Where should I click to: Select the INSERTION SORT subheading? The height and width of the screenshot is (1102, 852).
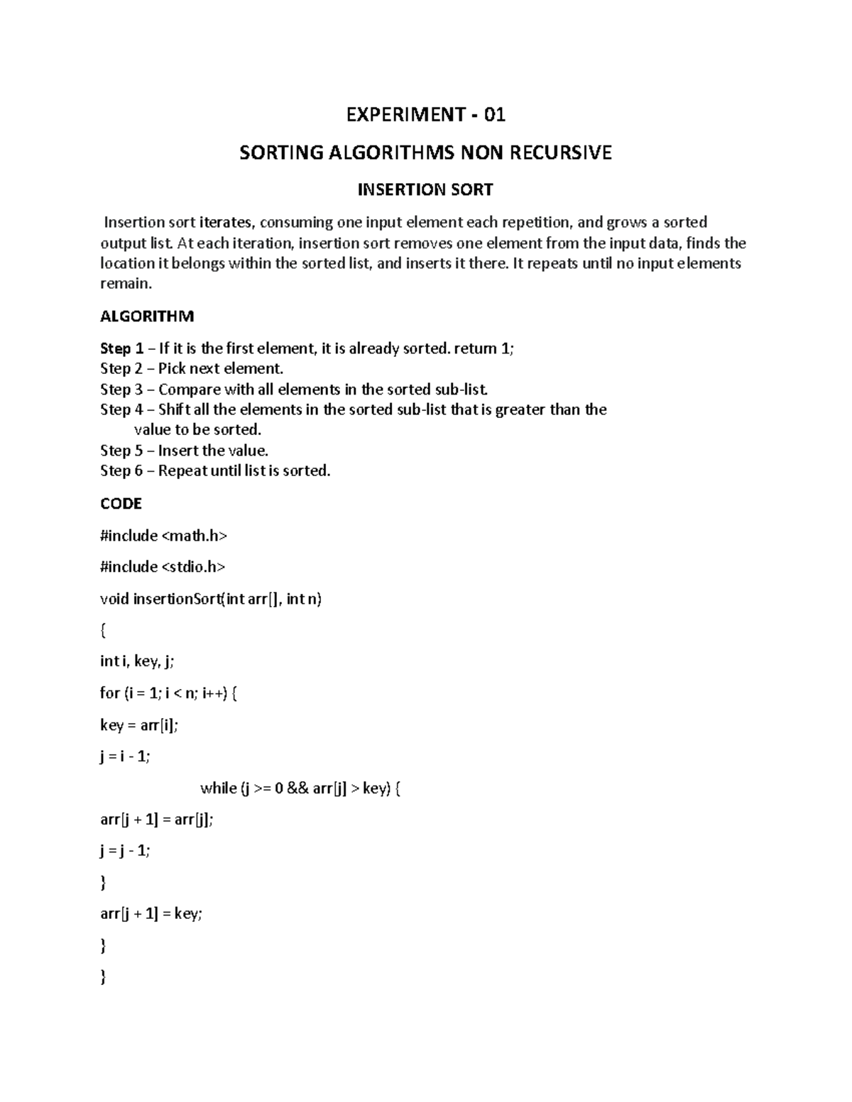point(425,190)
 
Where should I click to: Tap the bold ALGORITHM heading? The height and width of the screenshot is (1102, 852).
point(147,316)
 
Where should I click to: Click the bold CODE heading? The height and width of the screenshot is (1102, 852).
point(121,504)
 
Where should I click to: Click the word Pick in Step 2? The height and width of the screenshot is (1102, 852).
point(171,368)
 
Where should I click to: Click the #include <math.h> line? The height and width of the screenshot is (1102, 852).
point(163,536)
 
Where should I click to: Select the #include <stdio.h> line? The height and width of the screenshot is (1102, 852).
point(163,567)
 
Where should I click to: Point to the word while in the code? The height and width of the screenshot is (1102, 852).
point(219,788)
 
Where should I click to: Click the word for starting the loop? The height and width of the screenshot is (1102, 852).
point(109,693)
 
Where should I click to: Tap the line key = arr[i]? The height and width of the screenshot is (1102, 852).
point(139,725)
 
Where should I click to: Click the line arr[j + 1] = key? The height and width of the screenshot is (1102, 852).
point(151,914)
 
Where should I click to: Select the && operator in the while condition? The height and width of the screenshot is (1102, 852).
point(298,788)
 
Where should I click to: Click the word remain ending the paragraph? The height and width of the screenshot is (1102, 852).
point(124,284)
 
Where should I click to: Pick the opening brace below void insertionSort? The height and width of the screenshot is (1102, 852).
point(104,630)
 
